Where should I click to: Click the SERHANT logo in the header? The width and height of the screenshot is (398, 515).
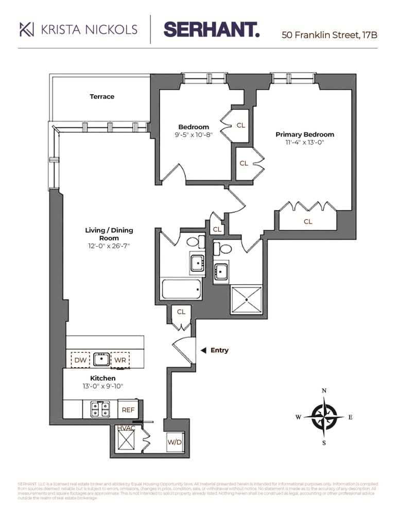pos(212,29)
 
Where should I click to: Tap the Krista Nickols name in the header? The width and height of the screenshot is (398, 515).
pos(79,29)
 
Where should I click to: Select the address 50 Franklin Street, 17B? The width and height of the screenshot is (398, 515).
pos(330,36)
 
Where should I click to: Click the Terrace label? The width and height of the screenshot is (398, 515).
pos(102,96)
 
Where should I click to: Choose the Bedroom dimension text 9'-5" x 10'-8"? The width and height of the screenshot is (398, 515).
pos(194,135)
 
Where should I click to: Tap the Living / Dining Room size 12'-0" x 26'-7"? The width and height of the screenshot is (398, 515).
pos(102,246)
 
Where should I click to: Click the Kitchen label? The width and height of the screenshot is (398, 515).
pos(103,379)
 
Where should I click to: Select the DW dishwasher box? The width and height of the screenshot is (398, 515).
pos(80,360)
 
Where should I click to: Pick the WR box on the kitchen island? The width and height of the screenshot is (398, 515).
pos(120,360)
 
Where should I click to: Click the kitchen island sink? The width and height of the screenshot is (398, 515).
pos(100,359)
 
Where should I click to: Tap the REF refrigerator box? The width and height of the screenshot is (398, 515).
pos(128,410)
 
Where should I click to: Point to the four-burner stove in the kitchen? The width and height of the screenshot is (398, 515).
pos(100,409)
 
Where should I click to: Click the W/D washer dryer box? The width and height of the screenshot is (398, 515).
pos(175,442)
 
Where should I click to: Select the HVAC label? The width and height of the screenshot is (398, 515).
pos(126,428)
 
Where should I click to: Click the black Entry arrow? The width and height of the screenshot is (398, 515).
pos(203,350)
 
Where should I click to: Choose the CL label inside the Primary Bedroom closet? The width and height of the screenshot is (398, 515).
pos(308,221)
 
